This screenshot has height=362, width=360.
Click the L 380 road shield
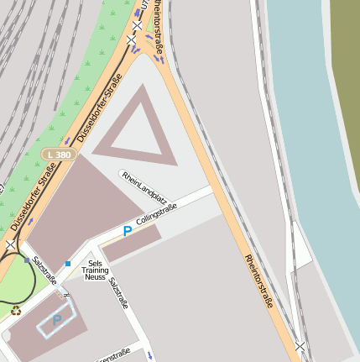59,155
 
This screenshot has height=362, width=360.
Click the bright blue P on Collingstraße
128,230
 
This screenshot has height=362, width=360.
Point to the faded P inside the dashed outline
57,320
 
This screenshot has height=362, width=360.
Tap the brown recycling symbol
17,311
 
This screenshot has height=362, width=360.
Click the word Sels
95,264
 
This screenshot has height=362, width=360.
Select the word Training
95,270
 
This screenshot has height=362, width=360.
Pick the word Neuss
95,278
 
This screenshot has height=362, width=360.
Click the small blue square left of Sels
68,264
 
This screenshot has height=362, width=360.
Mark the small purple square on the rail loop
27,261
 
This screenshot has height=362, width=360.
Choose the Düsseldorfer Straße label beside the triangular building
99,108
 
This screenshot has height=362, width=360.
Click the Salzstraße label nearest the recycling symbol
44,271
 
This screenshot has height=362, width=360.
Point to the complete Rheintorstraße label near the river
259,281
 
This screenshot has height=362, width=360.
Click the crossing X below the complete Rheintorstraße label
300,345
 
